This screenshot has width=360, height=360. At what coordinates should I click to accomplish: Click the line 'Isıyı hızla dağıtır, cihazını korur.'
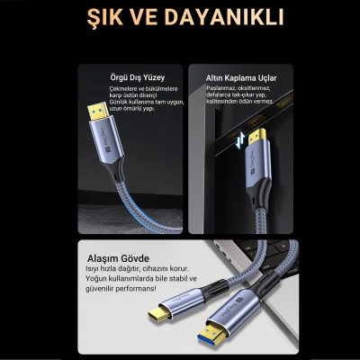tap(135, 268)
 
